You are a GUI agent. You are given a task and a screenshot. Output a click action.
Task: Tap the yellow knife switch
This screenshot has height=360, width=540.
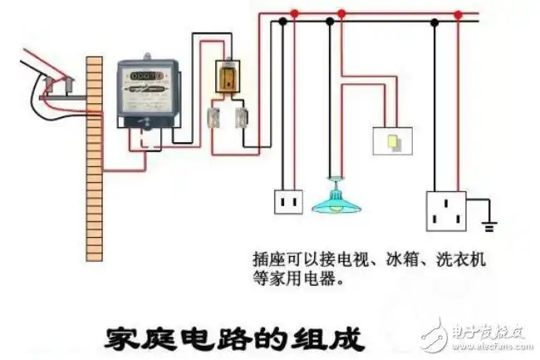227,77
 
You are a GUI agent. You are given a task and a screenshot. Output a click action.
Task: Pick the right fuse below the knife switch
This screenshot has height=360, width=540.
243,118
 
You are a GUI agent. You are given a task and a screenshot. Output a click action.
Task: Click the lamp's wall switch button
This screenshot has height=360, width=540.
393,142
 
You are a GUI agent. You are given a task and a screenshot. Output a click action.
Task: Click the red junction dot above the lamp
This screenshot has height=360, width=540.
341,14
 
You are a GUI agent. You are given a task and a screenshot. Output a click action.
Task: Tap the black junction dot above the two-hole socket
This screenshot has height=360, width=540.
283,23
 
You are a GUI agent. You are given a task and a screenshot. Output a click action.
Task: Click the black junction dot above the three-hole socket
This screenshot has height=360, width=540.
434,23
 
